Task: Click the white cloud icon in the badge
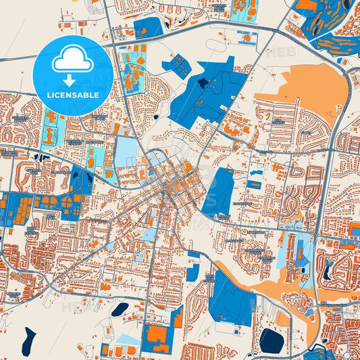pos(72,61)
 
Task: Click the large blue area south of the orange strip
pos(230,297)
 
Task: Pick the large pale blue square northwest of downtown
pos(126,152)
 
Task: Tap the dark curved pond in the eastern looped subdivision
pos(328,270)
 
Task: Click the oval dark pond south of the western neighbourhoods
pos(120,309)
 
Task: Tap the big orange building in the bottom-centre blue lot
pos(157,335)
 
